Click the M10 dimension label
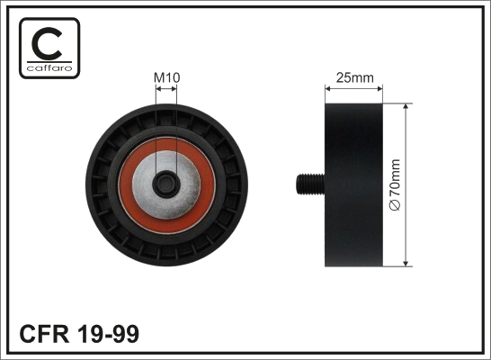pos(167,78)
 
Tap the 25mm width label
pos(355,77)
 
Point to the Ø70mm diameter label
pos(395,184)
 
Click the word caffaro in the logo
pos(49,68)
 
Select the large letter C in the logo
pos(48,43)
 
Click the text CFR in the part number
pos(44,334)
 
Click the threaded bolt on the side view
pos(310,184)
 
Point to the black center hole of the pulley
pos(166,184)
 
